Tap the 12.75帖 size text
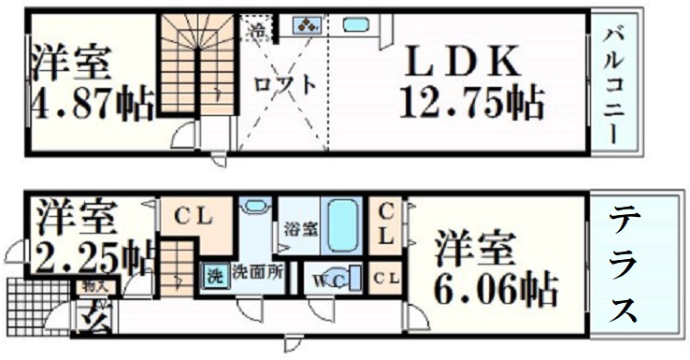point(470,102)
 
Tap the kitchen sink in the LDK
point(355,25)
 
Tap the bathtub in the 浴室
point(344,224)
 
